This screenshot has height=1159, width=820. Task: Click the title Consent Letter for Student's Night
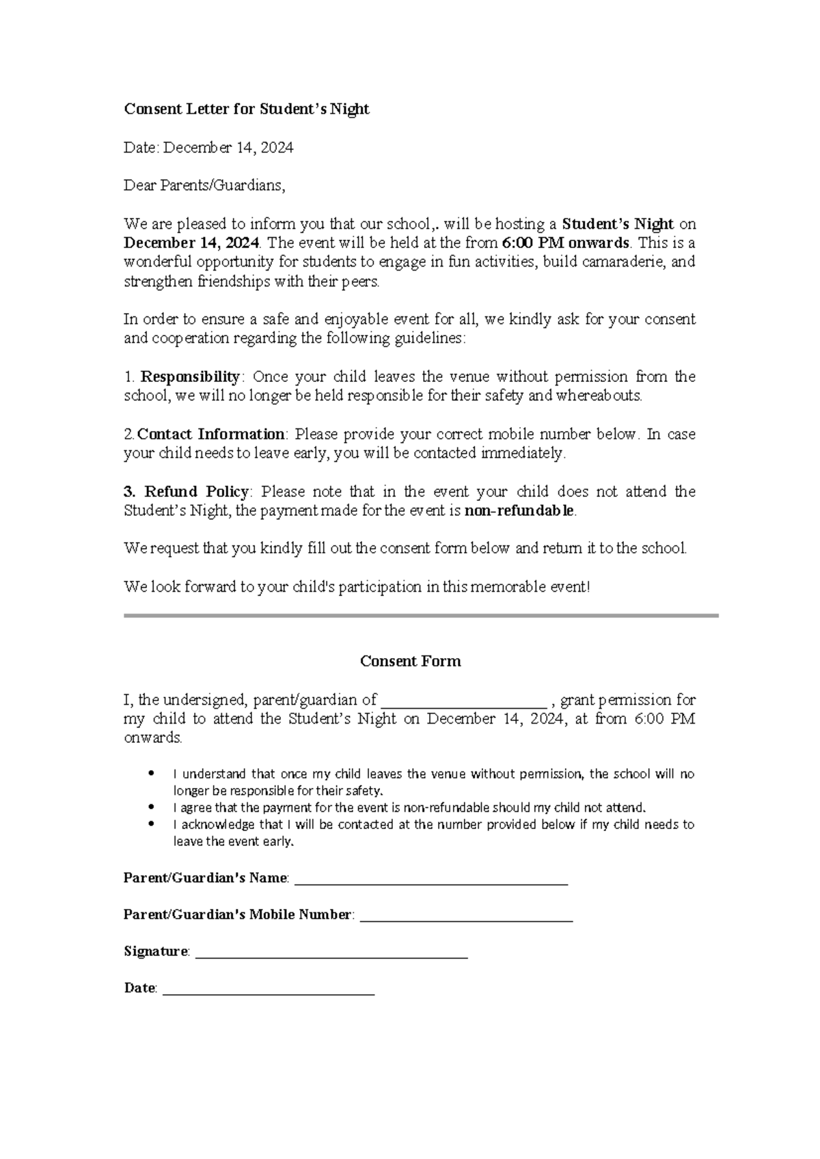click(x=246, y=109)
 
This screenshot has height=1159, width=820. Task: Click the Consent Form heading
click(x=410, y=661)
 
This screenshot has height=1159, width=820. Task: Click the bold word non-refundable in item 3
click(x=519, y=510)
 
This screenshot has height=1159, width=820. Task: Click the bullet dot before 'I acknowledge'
click(x=152, y=824)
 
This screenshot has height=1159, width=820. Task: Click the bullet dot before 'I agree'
click(x=152, y=807)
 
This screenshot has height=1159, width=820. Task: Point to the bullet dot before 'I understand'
click(x=152, y=774)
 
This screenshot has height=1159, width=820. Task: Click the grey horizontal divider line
click(x=421, y=616)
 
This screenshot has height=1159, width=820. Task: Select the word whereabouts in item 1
click(x=598, y=396)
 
